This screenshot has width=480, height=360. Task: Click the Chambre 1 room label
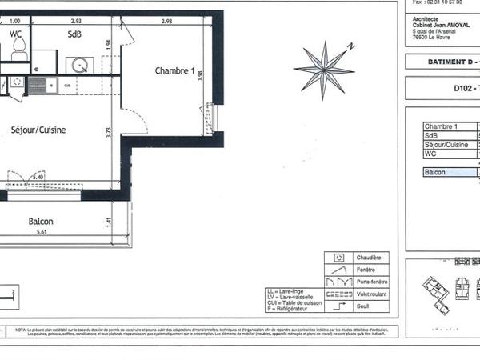tap(174, 71)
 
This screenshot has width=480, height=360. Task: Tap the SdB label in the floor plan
tap(74, 34)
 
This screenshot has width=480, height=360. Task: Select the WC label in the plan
tap(15, 34)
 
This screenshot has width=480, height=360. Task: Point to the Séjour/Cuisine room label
tap(38, 130)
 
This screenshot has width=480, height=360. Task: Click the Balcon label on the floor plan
tap(41, 222)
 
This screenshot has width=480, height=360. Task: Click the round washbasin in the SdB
tap(78, 64)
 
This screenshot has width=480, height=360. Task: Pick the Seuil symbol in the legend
tap(339, 305)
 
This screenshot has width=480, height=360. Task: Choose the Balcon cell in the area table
tap(436, 172)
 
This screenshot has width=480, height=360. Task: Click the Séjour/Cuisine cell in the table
tap(446, 145)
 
